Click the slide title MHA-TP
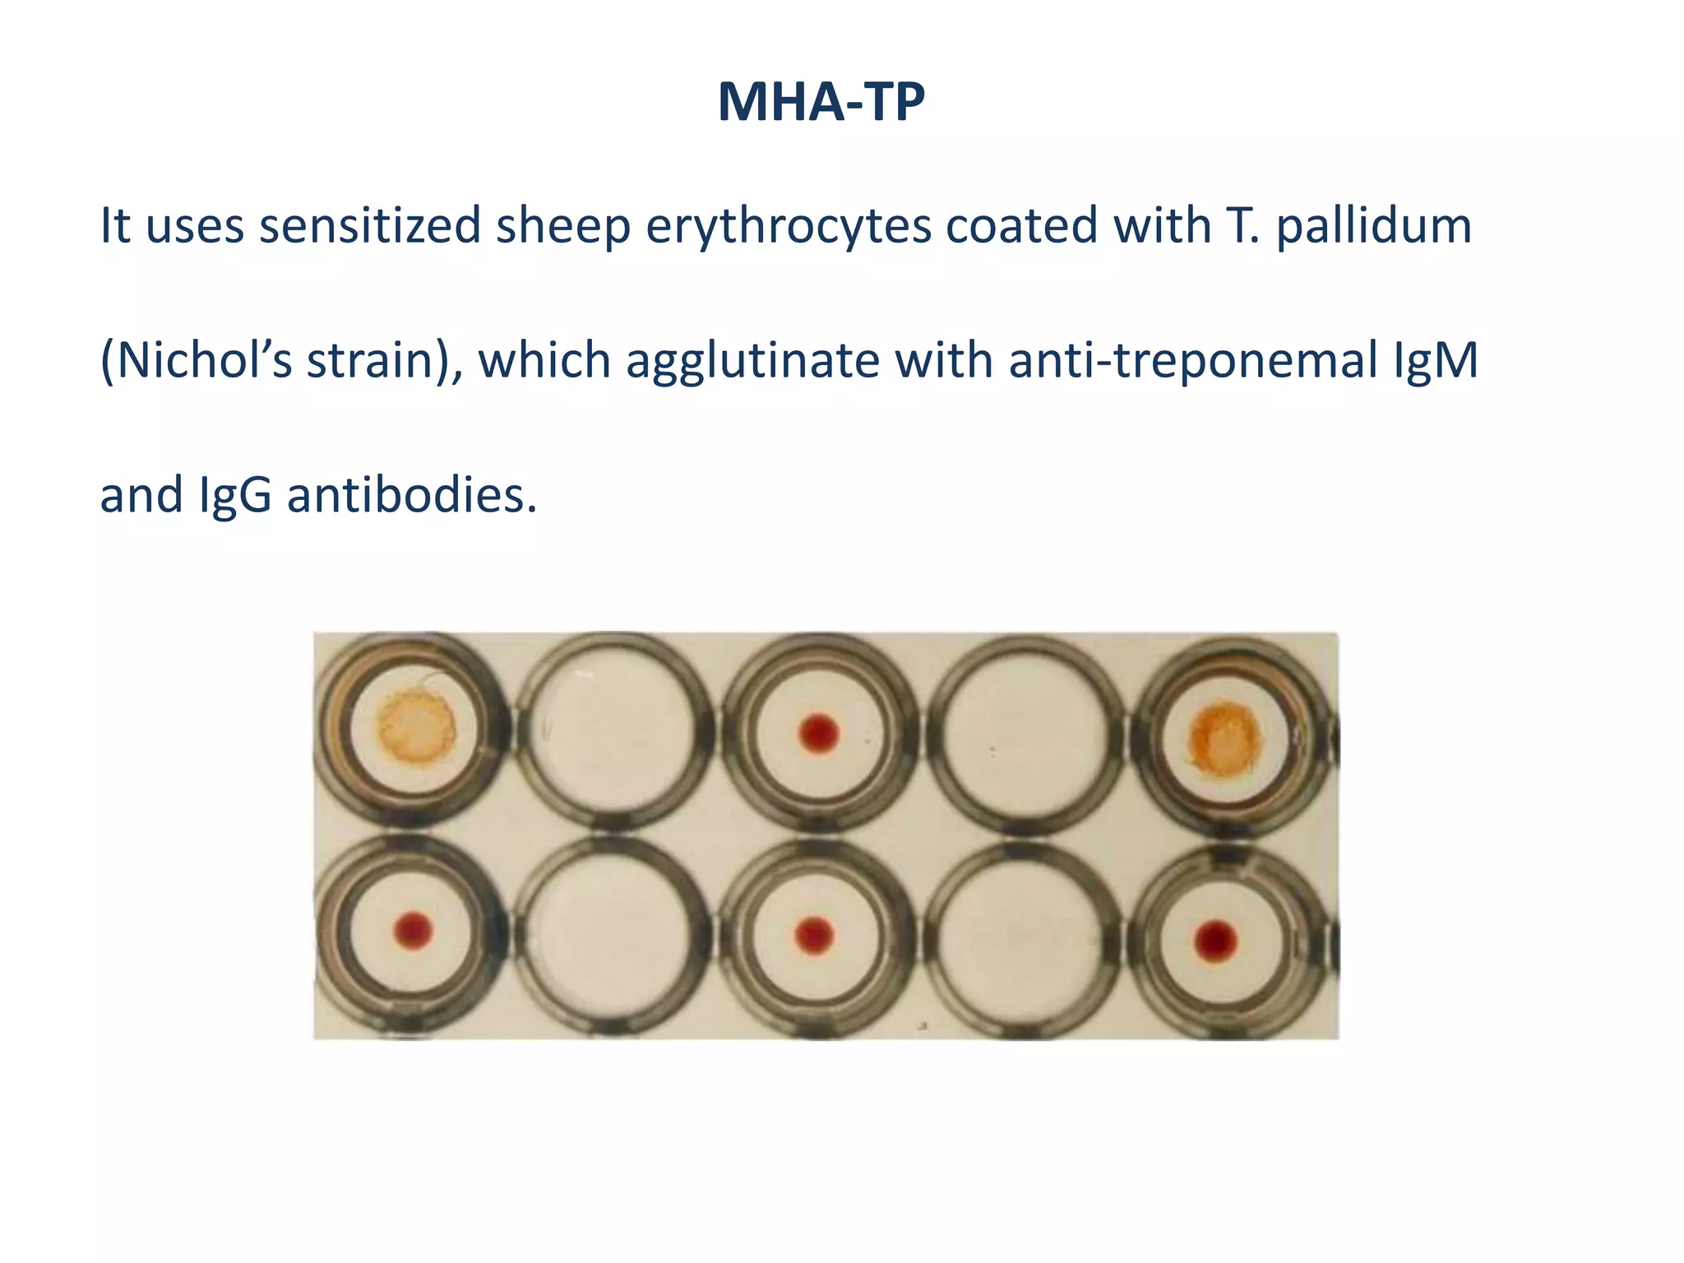821,102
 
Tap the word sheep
562,225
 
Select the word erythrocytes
788,225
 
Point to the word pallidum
1373,225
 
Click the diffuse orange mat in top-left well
416,727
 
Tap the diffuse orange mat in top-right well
1225,738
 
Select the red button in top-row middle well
819,733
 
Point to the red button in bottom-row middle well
815,935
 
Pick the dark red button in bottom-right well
1215,941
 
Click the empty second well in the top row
613,729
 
